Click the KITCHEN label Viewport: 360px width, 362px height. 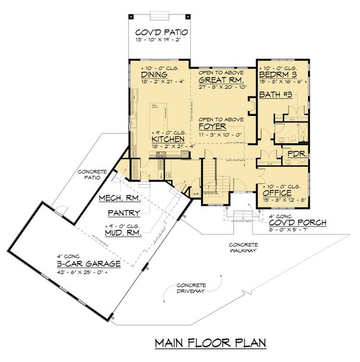[168, 139]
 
